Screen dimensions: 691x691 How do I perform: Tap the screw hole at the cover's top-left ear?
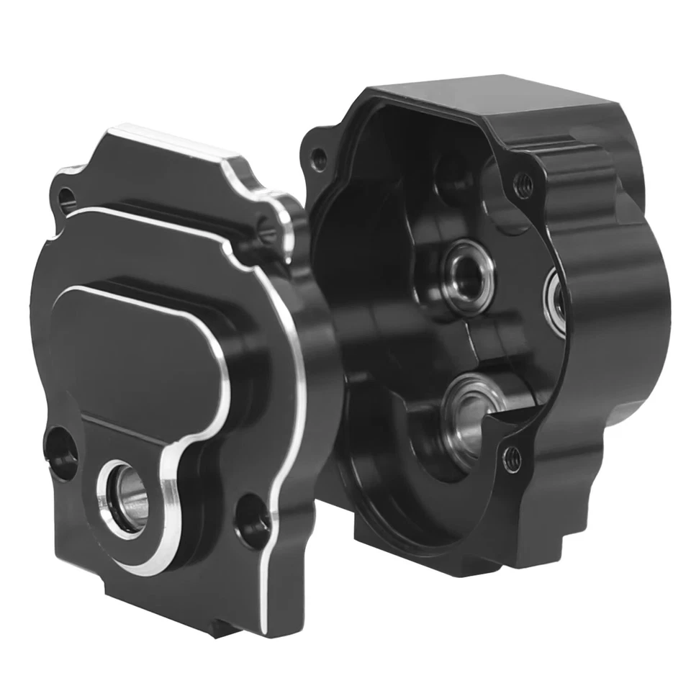tap(66, 197)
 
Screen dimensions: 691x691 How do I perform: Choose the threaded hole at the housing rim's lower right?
tap(512, 458)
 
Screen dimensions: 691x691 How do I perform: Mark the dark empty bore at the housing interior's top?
tap(450, 173)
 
